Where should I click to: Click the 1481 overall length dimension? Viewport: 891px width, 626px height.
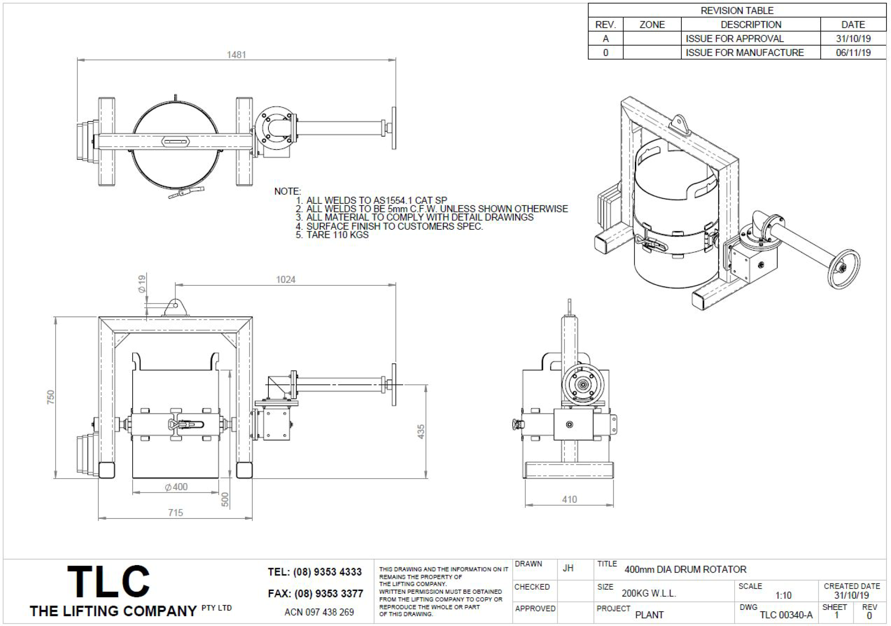click(236, 55)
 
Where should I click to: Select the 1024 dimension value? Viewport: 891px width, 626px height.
click(285, 280)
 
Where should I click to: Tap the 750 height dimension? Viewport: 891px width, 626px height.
click(51, 397)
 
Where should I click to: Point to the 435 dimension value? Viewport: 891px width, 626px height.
click(421, 432)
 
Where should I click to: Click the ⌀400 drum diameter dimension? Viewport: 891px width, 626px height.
click(176, 487)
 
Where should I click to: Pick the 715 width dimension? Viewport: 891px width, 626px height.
click(176, 513)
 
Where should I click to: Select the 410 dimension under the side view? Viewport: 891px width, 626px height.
click(569, 499)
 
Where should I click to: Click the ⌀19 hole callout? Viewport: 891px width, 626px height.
click(142, 284)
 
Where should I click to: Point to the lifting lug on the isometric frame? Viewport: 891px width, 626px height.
click(679, 122)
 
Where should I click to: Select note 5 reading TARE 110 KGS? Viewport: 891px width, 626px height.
click(332, 235)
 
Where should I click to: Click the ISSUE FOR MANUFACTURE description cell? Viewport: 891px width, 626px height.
click(745, 52)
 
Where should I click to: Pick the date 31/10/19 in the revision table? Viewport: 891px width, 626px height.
click(853, 39)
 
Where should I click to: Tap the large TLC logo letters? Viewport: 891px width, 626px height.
click(108, 582)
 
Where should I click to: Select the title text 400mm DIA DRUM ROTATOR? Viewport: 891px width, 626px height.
click(685, 570)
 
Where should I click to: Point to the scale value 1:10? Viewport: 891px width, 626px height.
click(783, 596)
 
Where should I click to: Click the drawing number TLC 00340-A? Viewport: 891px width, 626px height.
click(786, 615)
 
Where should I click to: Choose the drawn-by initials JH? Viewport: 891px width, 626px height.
click(568, 568)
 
